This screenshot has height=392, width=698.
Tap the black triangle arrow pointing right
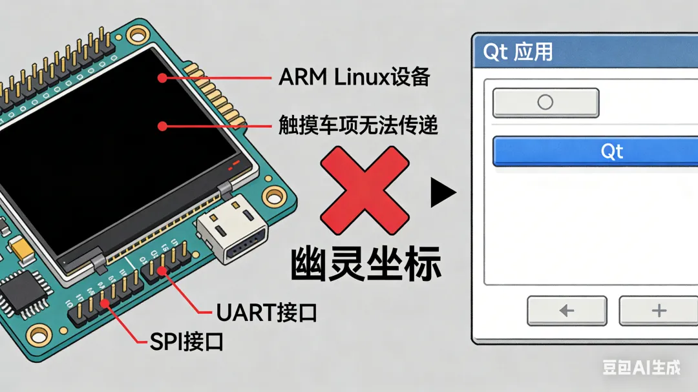coord(442,192)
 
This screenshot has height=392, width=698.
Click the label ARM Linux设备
coord(354,77)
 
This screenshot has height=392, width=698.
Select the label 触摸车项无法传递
coord(358,125)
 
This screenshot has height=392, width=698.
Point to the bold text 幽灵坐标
coord(366,261)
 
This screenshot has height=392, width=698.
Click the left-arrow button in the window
coord(567,311)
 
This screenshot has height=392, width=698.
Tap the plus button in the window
coord(658,311)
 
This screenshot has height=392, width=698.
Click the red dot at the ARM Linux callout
coord(161,77)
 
